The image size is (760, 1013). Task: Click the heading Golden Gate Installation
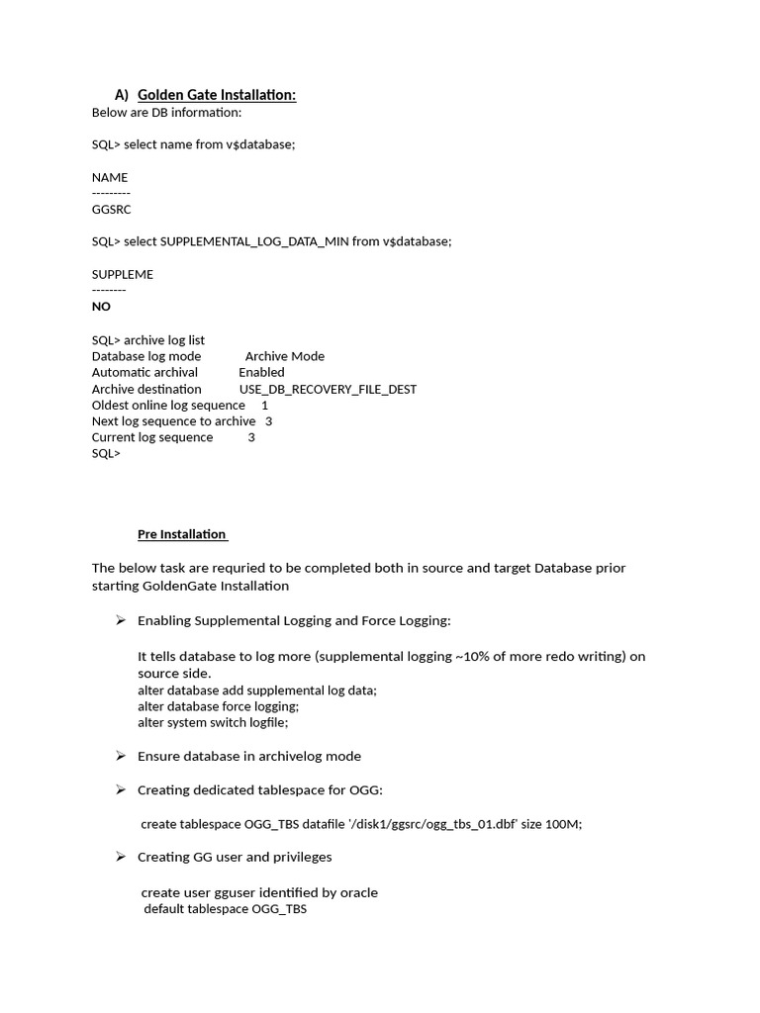(217, 95)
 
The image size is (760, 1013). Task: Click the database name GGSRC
(111, 210)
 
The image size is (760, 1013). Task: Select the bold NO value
(101, 307)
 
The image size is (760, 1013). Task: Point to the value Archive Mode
(285, 356)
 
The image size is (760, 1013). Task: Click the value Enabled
(261, 372)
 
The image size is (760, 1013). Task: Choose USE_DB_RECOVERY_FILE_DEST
(328, 389)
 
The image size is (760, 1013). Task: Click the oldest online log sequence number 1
(264, 405)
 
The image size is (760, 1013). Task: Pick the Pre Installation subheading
(182, 534)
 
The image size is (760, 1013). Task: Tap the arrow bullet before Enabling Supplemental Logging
(120, 620)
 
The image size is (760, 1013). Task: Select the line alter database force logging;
(218, 706)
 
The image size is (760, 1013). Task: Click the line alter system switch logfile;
(213, 722)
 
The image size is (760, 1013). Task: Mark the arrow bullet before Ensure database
(120, 756)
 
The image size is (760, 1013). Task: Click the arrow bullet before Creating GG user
(120, 857)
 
